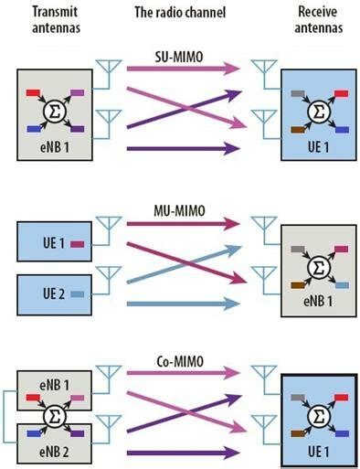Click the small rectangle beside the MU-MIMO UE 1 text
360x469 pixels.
(78, 244)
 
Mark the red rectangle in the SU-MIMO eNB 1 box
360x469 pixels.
(32, 93)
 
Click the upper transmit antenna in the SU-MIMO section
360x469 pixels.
(111, 69)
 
